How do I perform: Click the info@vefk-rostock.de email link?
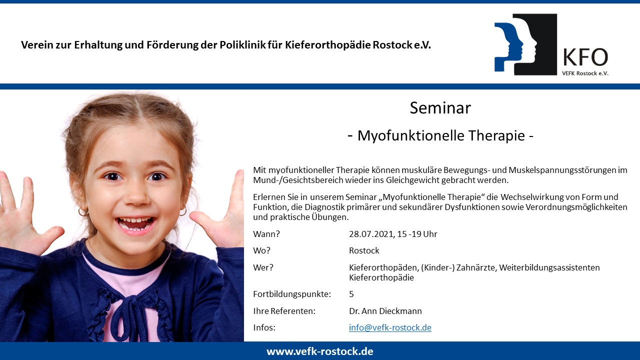(390, 327)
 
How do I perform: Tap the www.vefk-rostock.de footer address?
(320, 351)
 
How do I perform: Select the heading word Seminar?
(440, 108)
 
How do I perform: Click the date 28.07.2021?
(372, 234)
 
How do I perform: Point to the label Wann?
(266, 234)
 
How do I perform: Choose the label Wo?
(261, 250)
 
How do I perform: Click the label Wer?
(263, 267)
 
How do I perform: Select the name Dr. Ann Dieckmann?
(385, 311)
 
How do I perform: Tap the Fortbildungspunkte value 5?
(351, 294)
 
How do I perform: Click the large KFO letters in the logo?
(585, 57)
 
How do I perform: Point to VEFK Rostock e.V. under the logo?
(585, 73)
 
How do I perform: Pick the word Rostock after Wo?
(364, 250)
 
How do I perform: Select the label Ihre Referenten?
(284, 311)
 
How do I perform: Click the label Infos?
(264, 327)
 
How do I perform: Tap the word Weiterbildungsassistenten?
(549, 267)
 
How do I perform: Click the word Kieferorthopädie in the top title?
(327, 45)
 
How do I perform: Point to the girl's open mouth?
(135, 223)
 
